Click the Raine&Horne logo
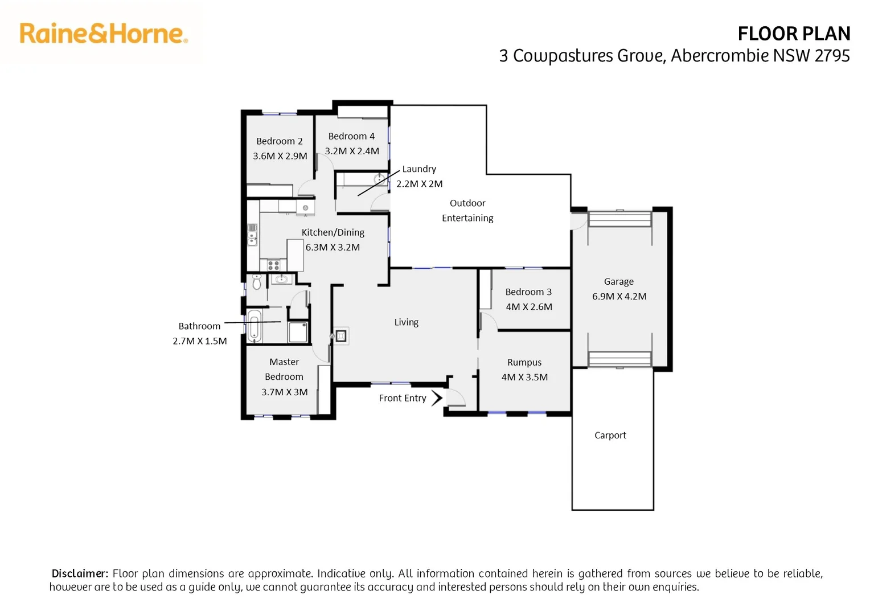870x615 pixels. click(x=104, y=34)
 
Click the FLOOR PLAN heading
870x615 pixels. click(x=793, y=34)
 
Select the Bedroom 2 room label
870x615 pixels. click(x=279, y=141)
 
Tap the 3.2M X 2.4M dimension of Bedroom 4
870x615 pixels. click(x=352, y=151)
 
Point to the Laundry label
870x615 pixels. click(x=419, y=169)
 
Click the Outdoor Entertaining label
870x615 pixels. click(x=467, y=211)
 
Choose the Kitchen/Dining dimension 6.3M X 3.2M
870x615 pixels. click(x=333, y=247)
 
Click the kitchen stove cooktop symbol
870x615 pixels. click(x=273, y=265)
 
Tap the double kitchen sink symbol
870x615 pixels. click(x=252, y=234)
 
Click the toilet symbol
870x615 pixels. click(x=257, y=281)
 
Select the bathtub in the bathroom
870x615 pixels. click(x=255, y=326)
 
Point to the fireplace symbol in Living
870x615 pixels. click(x=341, y=336)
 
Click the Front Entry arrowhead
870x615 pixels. click(x=437, y=398)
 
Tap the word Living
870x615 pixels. click(x=406, y=322)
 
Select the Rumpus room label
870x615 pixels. click(x=524, y=363)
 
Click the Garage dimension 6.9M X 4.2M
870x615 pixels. click(x=619, y=296)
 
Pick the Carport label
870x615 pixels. click(x=610, y=435)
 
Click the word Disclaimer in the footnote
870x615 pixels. click(x=80, y=573)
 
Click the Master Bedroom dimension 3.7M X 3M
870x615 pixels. click(x=284, y=392)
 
